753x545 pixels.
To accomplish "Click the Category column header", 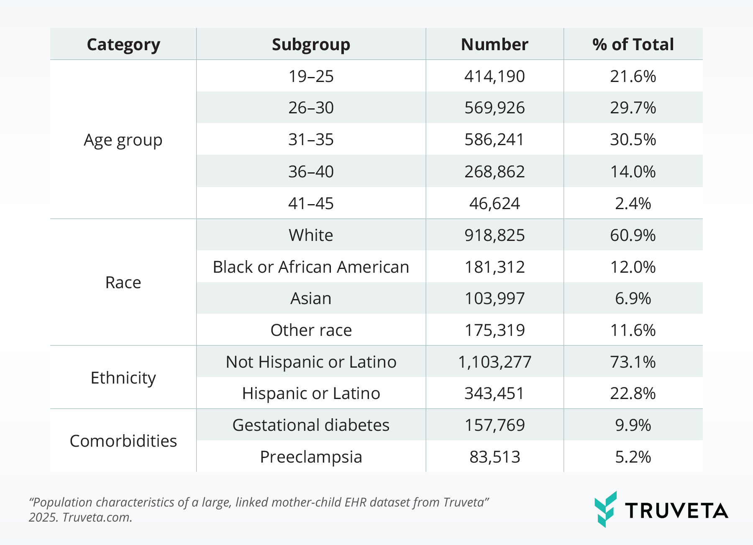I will pyautogui.click(x=123, y=44).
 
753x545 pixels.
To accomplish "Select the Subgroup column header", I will pyautogui.click(x=311, y=44).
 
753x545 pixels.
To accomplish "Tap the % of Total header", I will pyautogui.click(x=633, y=44).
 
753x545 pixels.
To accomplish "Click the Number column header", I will pyautogui.click(x=494, y=44).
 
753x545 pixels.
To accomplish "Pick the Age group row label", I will pyautogui.click(x=123, y=140).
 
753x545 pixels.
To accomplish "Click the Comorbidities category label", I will pyautogui.click(x=123, y=441).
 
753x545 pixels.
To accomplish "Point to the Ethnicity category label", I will pyautogui.click(x=123, y=378).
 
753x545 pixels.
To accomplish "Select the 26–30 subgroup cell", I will pyautogui.click(x=311, y=108).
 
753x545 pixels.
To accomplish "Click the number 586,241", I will pyautogui.click(x=494, y=140).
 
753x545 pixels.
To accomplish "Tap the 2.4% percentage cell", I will pyautogui.click(x=633, y=203).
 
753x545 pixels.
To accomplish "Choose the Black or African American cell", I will pyautogui.click(x=311, y=267).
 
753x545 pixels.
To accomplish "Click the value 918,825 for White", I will pyautogui.click(x=494, y=235).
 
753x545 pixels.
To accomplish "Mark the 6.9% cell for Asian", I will pyautogui.click(x=633, y=299).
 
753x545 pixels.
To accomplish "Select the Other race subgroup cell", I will pyautogui.click(x=311, y=330).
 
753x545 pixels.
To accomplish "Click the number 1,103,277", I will pyautogui.click(x=494, y=362).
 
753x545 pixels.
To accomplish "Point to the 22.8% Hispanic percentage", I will pyautogui.click(x=633, y=394).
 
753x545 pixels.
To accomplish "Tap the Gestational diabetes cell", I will pyautogui.click(x=311, y=425).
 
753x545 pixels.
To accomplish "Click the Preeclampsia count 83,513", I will pyautogui.click(x=494, y=457).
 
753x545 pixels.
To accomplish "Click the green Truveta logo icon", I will pyautogui.click(x=605, y=509).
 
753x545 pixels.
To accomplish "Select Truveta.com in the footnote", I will pyautogui.click(x=97, y=517).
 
